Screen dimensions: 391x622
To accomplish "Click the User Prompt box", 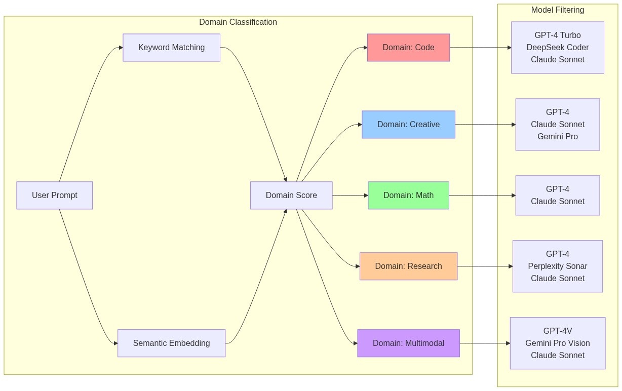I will point(55,195).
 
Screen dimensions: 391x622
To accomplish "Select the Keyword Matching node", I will point(171,48).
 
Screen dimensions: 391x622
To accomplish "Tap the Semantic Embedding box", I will point(171,343).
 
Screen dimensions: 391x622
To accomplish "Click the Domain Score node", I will point(291,195).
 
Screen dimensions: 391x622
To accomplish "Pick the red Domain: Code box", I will point(408,48).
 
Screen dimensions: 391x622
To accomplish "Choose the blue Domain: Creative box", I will point(408,125).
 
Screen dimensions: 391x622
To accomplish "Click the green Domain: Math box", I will point(408,195).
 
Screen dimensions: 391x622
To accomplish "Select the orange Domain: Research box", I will point(408,266).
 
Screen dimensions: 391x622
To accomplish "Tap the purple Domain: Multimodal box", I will point(408,343).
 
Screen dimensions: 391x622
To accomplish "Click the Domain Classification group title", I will point(238,22).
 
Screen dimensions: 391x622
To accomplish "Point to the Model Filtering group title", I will point(557,10).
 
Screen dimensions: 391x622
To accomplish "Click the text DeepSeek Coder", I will point(557,48).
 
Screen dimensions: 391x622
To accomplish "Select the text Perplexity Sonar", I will point(557,266).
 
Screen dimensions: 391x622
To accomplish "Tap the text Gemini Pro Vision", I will point(557,343).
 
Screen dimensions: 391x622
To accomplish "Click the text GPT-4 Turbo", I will point(557,35).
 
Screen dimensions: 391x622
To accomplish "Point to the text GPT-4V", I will point(557,331).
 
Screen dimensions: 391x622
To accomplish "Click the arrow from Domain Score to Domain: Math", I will point(349,195).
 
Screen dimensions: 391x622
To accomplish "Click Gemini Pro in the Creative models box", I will point(557,137).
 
